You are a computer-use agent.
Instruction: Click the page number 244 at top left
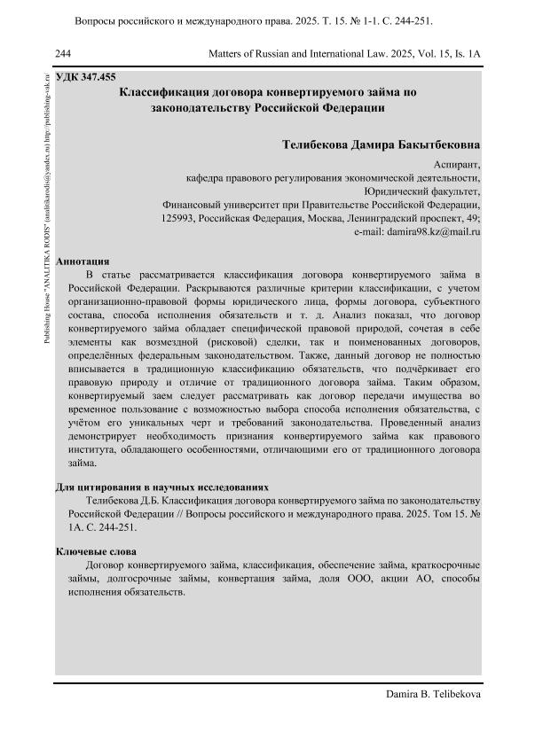(x=63, y=54)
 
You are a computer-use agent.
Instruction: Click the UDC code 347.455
(x=98, y=77)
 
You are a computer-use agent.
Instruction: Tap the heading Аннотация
(x=83, y=261)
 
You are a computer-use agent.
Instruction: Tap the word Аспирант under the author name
(x=458, y=164)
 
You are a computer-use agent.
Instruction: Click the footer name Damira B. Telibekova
(x=434, y=695)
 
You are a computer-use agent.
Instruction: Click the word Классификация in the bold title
(x=175, y=91)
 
